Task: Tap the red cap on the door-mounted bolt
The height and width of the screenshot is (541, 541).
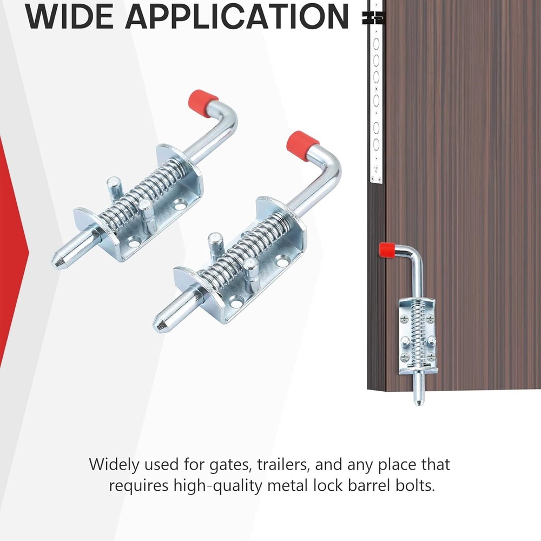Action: point(386,250)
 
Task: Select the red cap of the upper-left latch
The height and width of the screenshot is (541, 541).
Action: point(202,103)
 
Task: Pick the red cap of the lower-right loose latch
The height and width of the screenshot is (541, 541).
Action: point(302,146)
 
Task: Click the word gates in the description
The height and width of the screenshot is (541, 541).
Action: point(229,465)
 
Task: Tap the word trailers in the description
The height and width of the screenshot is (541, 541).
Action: point(282,464)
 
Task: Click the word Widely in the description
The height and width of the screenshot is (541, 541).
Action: point(114,465)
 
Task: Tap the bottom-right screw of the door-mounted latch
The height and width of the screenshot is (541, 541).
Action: point(431,358)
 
